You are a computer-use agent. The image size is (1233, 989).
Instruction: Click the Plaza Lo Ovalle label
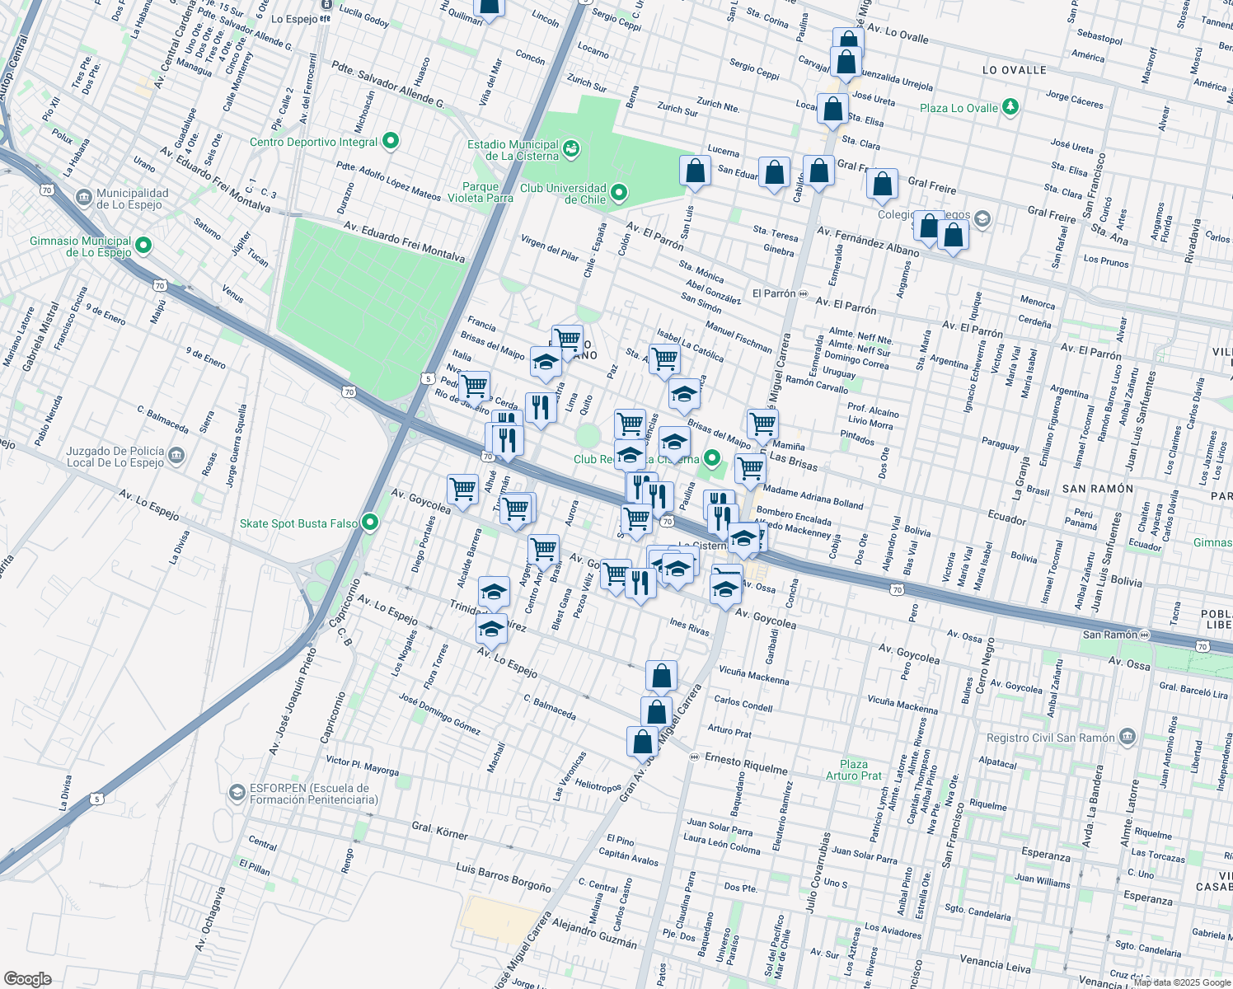tap(959, 108)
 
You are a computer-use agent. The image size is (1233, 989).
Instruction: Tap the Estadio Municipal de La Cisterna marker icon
tap(570, 149)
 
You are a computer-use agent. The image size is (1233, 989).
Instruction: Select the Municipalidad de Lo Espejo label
tap(132, 199)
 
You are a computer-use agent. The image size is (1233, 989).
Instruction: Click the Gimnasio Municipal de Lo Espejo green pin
tap(143, 246)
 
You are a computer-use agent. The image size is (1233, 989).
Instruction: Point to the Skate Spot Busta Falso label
tap(298, 523)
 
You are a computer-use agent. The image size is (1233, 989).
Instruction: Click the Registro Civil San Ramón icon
tap(1128, 737)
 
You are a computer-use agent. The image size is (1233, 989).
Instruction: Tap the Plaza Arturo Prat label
tap(854, 770)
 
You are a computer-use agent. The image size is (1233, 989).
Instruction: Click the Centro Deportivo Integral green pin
tap(391, 142)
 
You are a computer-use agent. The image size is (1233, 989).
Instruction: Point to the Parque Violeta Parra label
tap(481, 192)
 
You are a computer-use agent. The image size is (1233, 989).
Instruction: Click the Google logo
tap(27, 979)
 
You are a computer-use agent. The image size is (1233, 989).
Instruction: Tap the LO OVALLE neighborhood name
tap(1014, 70)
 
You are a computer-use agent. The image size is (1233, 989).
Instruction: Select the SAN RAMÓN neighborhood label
tap(1097, 489)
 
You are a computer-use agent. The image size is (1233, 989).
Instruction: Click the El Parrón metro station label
tap(774, 293)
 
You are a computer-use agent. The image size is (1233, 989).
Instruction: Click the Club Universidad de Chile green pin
tap(619, 194)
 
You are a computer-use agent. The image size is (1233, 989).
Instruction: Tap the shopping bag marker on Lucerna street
tap(695, 171)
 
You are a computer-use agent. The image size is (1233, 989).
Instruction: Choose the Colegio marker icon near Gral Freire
tap(981, 219)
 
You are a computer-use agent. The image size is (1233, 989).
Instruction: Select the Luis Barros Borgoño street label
tap(503, 877)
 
